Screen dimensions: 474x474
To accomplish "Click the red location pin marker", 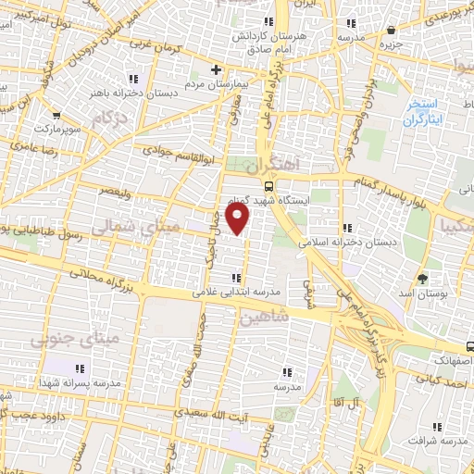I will (239, 220).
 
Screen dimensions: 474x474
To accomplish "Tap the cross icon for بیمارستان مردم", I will (216, 69).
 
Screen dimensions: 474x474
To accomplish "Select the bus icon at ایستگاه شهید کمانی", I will (268, 184).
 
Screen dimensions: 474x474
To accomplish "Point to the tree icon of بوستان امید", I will (423, 277).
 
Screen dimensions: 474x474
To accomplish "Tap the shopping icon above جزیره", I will (392, 29).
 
